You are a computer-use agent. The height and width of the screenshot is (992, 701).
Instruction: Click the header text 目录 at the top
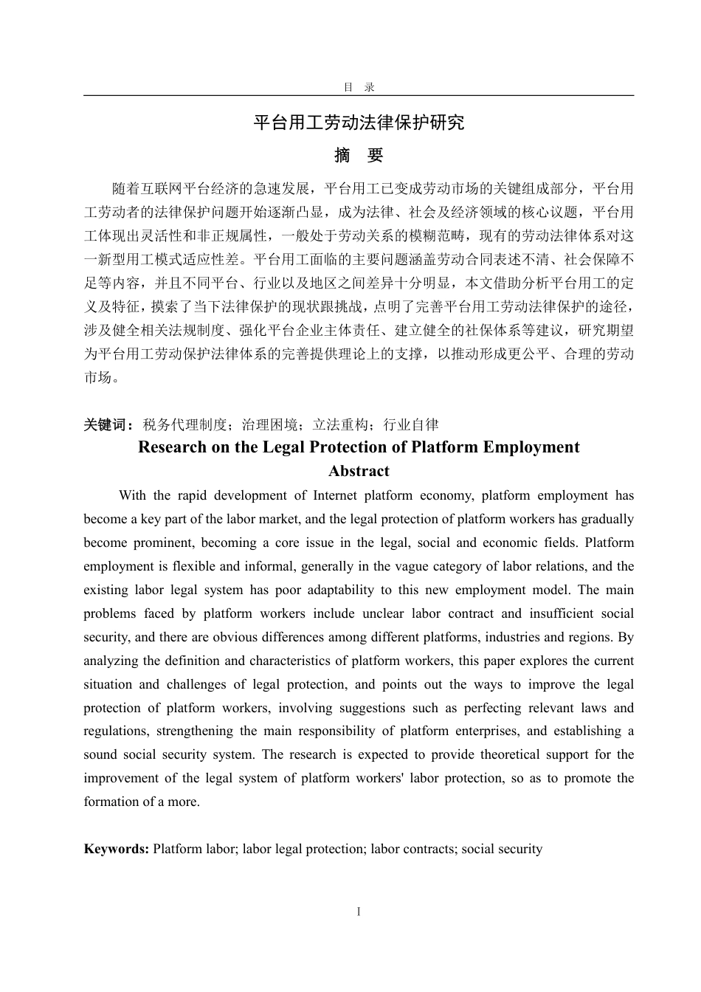pos(359,87)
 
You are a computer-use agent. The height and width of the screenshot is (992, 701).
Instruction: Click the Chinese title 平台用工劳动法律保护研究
pos(359,123)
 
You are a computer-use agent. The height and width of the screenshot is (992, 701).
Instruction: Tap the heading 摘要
pos(359,156)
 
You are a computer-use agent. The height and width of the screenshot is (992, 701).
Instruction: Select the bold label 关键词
pos(108,424)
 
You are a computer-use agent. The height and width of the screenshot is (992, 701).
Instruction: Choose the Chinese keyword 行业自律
pos(412,424)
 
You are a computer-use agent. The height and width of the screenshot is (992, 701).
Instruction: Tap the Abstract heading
pos(359,471)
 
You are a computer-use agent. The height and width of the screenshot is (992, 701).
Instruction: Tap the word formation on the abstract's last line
pos(111,802)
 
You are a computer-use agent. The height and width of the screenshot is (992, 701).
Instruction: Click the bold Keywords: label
pos(117,849)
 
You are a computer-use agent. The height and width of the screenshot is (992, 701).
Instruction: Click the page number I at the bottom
pos(359,912)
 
